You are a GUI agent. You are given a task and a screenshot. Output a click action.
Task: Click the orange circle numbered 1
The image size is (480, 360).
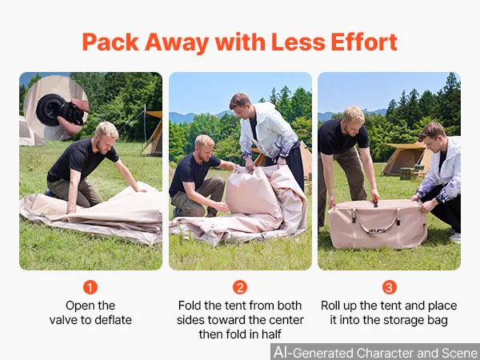tap(90, 287)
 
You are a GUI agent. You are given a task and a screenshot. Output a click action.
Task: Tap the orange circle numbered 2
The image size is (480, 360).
tap(240, 287)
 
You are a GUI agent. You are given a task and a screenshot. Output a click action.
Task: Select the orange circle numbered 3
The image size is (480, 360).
tap(390, 287)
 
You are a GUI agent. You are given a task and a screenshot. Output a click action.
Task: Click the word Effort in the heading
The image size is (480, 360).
tap(364, 42)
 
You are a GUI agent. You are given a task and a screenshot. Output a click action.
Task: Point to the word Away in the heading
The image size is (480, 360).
tap(177, 43)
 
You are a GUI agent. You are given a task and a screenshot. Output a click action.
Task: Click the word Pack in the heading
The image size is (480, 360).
tap(110, 42)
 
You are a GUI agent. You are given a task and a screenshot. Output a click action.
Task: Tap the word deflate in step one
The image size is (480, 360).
tap(113, 320)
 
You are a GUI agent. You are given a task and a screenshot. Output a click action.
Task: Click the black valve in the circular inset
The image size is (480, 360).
tap(60, 110)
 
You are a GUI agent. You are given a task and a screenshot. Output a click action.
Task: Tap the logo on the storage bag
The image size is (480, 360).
tap(377, 230)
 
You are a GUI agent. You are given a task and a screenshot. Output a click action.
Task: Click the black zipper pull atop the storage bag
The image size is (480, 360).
tap(376, 204)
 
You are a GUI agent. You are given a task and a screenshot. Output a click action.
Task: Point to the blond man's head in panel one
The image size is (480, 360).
tap(106, 137)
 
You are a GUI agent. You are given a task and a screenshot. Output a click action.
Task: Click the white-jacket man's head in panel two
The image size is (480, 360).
tap(241, 105)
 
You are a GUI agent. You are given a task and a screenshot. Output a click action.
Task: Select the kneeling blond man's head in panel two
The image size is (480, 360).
tap(205, 147)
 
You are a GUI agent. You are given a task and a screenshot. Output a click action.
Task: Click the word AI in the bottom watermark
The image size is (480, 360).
tap(281, 352)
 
